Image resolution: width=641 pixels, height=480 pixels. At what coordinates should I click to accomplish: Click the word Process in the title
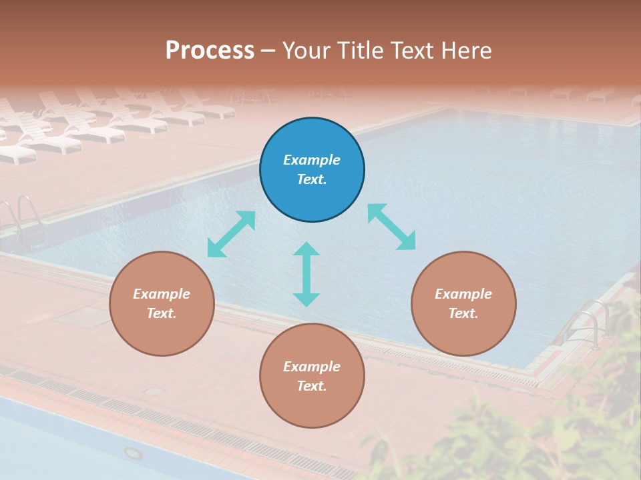point(210,51)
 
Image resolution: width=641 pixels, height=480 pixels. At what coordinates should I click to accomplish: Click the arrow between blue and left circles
point(231,234)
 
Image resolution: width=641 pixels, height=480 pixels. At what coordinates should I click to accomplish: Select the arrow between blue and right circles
point(391,227)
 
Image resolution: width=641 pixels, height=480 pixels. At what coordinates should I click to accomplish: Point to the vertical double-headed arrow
point(306,274)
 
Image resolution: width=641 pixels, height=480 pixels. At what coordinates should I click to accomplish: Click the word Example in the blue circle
point(312,160)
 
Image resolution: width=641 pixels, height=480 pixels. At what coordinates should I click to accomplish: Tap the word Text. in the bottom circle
point(312,386)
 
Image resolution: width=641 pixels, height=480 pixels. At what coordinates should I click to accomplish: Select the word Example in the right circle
point(463,294)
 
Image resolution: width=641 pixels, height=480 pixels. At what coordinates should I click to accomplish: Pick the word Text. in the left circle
point(162,313)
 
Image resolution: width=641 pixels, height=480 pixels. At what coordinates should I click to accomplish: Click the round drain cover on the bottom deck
point(134,453)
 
